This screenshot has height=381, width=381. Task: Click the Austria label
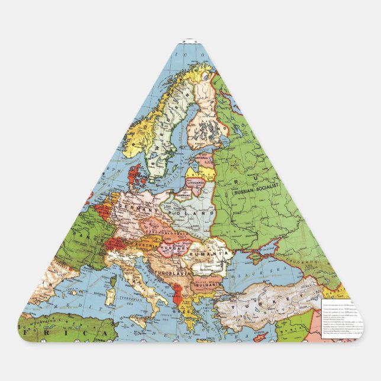[x=145, y=244]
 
